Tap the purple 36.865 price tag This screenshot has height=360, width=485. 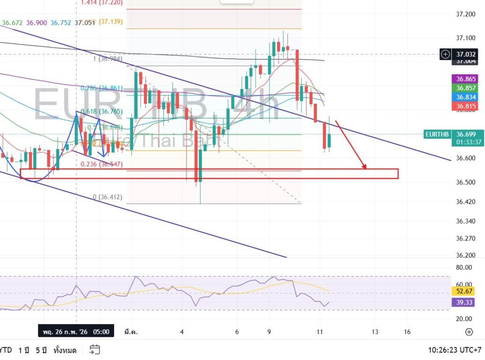(466, 79)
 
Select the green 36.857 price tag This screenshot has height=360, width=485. (466, 88)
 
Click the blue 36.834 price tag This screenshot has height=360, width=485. (466, 97)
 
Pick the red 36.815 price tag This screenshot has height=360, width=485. (466, 106)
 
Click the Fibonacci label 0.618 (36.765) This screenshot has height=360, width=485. (102, 112)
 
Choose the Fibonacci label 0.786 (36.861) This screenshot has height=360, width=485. (102, 88)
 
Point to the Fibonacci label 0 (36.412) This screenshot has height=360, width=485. (108, 197)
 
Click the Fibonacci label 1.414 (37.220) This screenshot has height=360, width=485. (102, 2)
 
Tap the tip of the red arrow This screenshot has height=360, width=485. (365, 168)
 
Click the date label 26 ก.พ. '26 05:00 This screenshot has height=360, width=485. (76, 332)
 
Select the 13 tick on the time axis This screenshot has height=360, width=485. (375, 332)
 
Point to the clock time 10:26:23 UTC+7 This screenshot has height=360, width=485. (453, 351)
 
